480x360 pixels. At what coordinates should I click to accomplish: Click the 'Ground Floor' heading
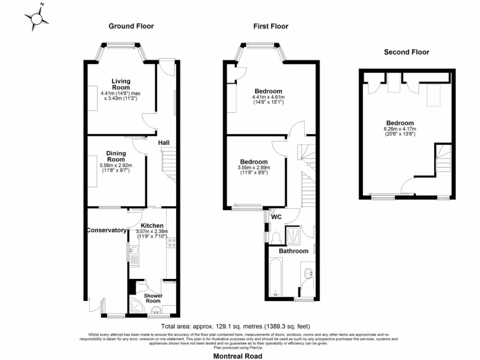tap(131, 26)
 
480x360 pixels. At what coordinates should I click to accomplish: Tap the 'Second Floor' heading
tap(406, 52)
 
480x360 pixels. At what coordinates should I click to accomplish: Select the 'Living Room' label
tap(120, 84)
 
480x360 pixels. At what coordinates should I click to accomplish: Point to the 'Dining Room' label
tap(116, 157)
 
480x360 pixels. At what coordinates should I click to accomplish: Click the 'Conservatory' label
tap(106, 230)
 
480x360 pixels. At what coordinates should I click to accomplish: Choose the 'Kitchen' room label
tap(152, 225)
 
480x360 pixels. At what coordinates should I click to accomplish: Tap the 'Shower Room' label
tap(153, 299)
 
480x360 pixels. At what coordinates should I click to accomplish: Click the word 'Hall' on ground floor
tap(164, 142)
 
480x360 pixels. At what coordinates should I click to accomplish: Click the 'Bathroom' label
tap(294, 251)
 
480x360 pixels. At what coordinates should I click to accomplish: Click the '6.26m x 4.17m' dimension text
tap(400, 129)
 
